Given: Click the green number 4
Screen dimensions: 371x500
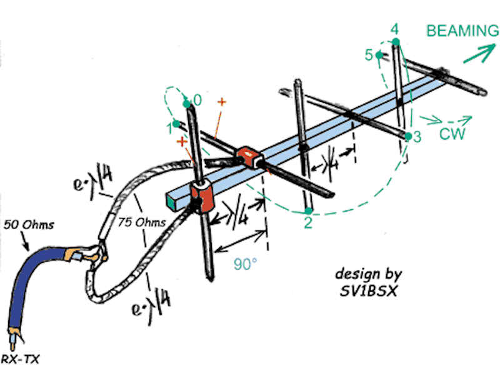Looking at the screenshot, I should (394, 29).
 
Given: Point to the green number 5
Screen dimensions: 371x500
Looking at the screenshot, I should (369, 55).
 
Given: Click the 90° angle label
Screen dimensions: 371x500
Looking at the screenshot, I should (246, 264).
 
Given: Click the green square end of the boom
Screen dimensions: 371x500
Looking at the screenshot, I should (172, 200).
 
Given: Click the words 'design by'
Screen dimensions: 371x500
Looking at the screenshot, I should (368, 274).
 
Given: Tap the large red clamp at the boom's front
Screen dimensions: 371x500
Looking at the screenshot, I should (202, 197).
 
